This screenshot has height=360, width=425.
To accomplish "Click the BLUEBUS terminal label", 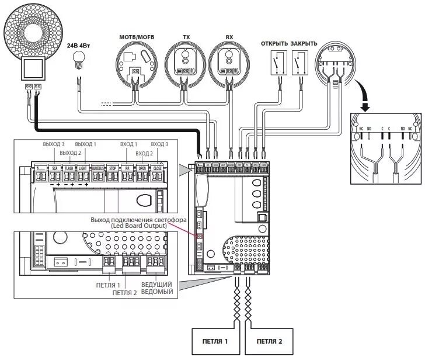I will [x=98, y=168].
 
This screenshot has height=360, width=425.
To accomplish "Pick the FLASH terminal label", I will [x=69, y=168].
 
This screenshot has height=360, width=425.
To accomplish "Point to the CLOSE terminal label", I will [x=158, y=168].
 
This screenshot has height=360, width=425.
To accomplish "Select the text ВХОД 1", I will [x=127, y=144].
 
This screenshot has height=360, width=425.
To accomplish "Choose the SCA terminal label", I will [x=54, y=168].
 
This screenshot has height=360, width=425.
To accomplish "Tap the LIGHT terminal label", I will [x=83, y=168].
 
